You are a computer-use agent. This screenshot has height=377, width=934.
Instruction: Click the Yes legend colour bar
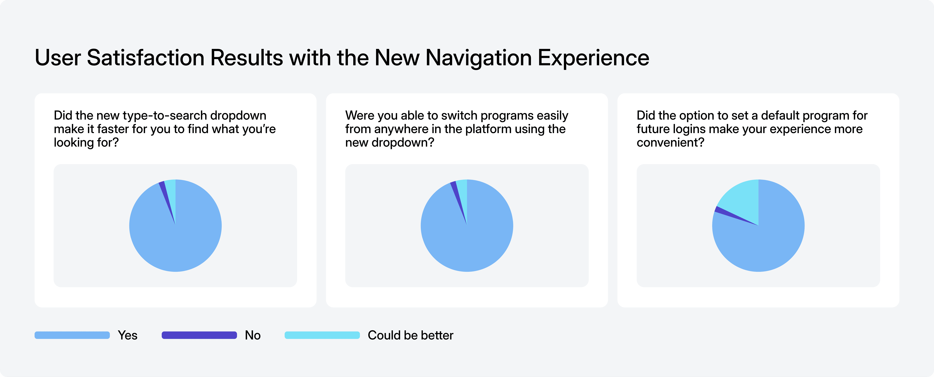point(72,335)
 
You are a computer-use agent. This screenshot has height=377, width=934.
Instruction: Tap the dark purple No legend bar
point(199,335)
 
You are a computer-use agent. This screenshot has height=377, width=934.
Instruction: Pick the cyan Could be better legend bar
point(322,335)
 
